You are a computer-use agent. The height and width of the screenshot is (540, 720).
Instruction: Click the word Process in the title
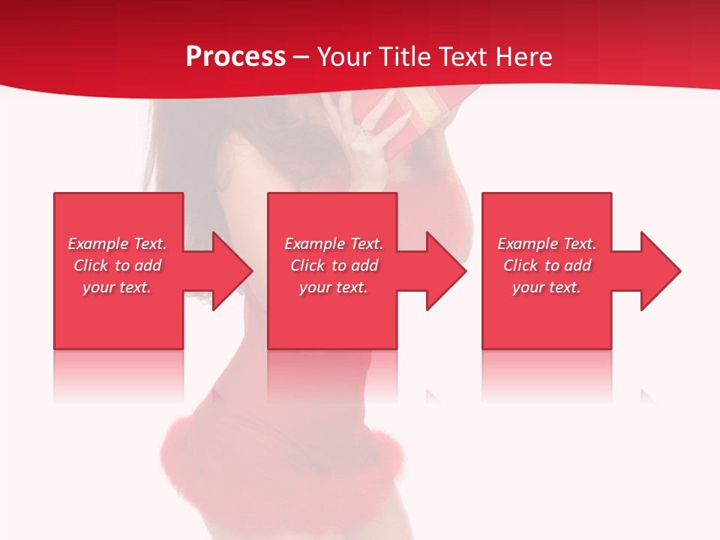(x=235, y=57)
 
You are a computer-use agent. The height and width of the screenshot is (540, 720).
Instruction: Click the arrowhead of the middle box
(x=445, y=271)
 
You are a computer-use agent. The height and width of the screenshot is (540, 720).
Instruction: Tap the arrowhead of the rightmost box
(x=659, y=271)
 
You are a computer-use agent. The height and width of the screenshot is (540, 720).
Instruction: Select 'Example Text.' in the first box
(x=118, y=244)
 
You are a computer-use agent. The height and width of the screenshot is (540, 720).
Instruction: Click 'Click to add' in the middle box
(x=334, y=265)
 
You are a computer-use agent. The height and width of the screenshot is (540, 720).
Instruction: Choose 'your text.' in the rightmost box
(x=547, y=287)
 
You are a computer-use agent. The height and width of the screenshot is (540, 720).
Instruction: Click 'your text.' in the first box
(x=118, y=287)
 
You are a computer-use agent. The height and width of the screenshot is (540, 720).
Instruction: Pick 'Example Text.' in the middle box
(x=334, y=244)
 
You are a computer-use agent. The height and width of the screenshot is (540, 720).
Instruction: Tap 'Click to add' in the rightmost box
(x=547, y=265)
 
